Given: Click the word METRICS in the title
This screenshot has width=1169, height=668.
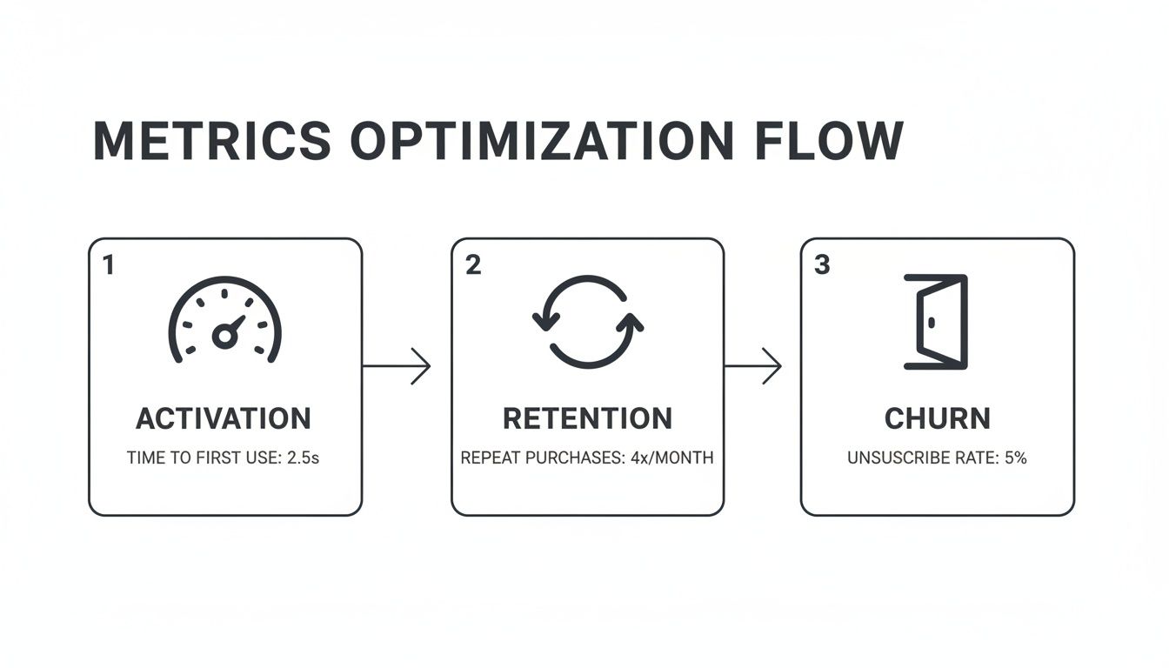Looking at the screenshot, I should click(x=211, y=141).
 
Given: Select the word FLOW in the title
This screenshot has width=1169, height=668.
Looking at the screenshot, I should click(x=828, y=141).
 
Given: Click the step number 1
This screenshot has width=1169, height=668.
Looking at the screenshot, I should click(x=108, y=265).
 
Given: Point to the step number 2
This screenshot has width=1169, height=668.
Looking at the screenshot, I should click(x=472, y=265).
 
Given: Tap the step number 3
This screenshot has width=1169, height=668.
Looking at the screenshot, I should click(x=822, y=265).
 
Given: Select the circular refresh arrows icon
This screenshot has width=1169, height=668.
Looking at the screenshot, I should click(x=587, y=322).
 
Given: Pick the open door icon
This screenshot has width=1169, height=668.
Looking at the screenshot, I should click(x=936, y=322).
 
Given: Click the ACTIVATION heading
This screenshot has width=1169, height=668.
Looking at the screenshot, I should click(x=224, y=418).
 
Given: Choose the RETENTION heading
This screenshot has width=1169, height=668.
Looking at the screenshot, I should click(x=587, y=418).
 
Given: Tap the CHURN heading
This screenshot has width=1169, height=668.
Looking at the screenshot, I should click(x=937, y=418).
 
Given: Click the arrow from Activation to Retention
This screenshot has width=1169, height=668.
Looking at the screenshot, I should click(x=397, y=366).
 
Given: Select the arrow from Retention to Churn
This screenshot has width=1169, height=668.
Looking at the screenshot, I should click(x=752, y=366).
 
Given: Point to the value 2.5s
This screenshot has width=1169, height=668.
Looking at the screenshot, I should click(x=303, y=458).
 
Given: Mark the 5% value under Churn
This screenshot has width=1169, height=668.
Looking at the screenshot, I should click(x=1015, y=458).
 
